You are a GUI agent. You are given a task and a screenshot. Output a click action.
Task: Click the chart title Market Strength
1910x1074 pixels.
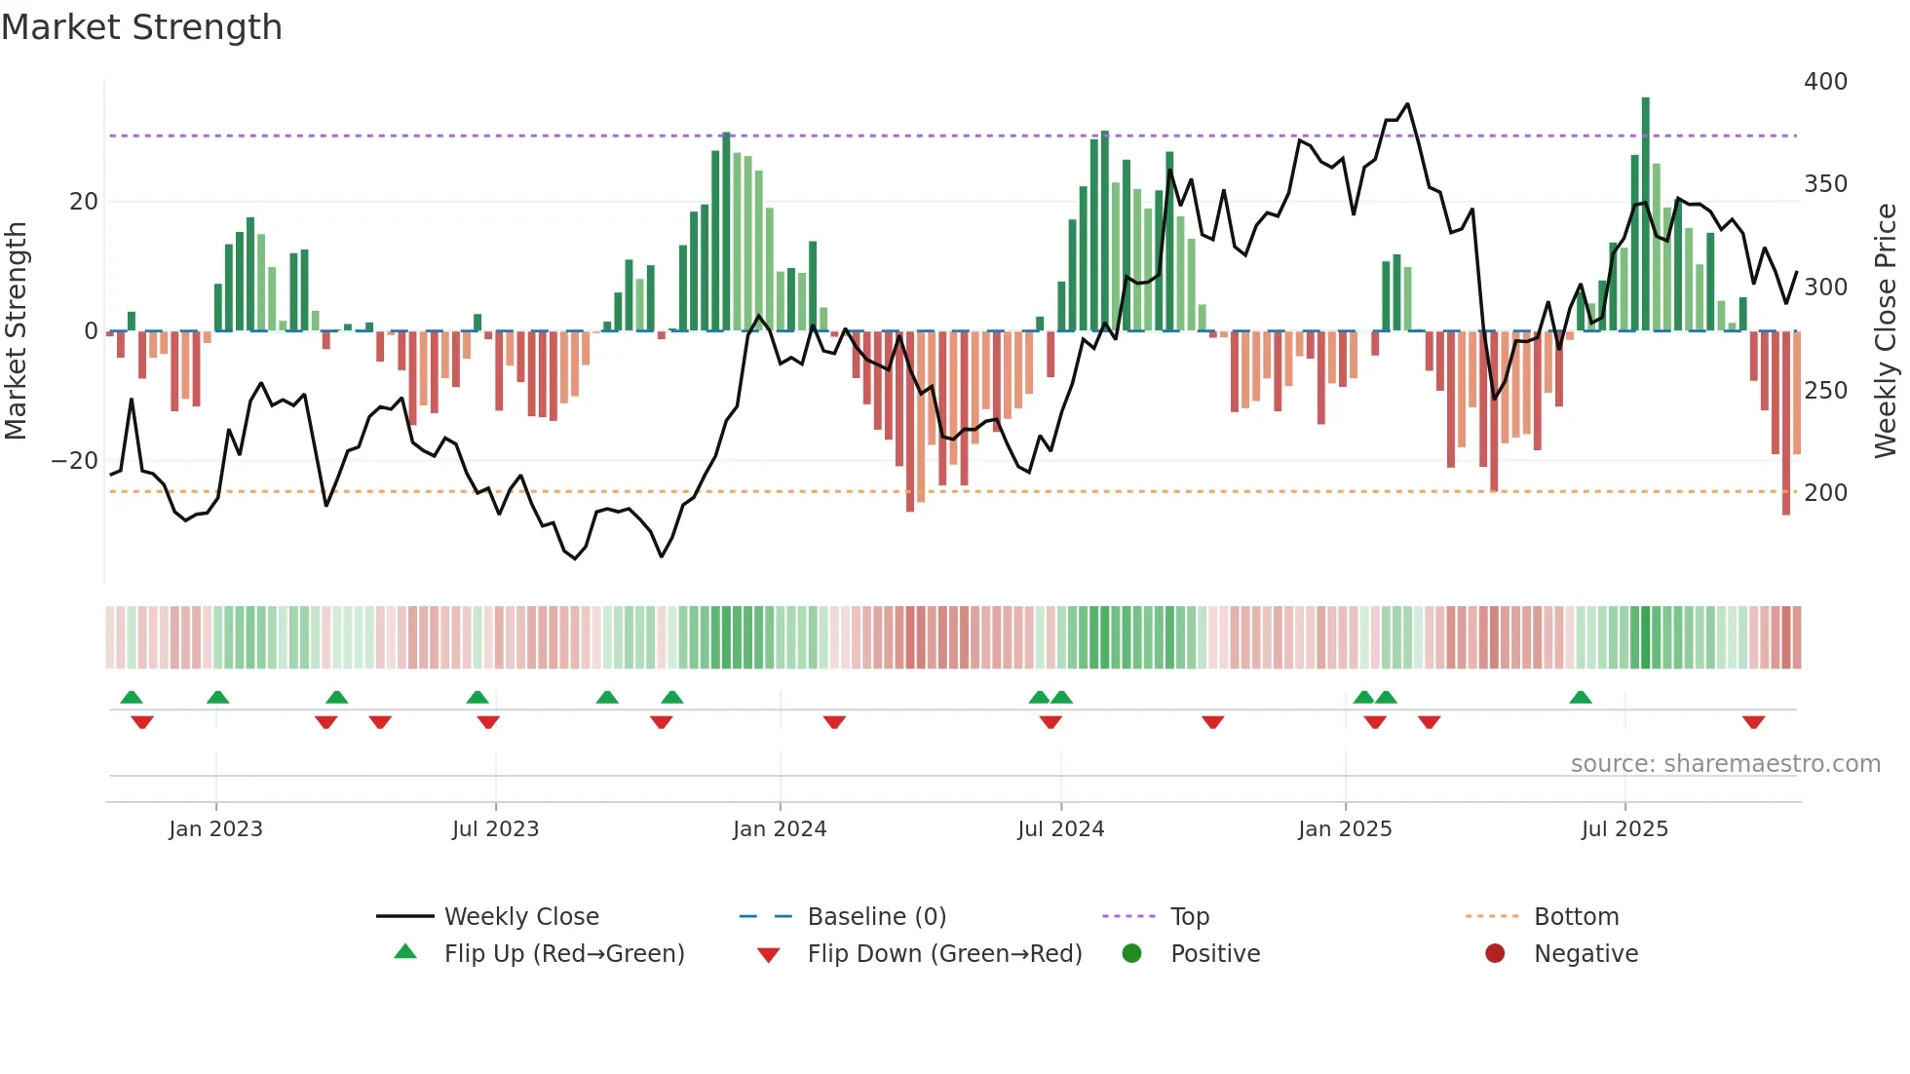(141, 27)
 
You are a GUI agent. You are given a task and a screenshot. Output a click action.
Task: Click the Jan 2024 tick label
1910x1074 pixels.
(780, 829)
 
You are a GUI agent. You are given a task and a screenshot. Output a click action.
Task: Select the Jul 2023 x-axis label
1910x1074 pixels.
(495, 829)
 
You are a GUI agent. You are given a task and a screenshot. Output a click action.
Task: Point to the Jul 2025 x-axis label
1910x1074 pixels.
(1624, 829)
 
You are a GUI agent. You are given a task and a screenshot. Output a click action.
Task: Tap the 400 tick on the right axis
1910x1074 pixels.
(1825, 82)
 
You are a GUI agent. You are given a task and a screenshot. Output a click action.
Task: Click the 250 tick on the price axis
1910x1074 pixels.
(1825, 391)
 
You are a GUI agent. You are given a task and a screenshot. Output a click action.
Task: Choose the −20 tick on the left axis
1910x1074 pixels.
(75, 461)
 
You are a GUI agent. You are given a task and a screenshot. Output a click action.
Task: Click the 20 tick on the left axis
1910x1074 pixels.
(84, 202)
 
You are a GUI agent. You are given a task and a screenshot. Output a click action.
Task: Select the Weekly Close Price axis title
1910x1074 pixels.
(1887, 331)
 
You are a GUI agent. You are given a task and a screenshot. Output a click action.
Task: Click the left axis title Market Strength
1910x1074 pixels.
(17, 331)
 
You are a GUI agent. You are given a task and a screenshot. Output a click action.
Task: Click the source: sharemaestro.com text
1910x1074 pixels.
(1725, 764)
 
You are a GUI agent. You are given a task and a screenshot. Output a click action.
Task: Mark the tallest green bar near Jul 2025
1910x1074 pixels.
(1646, 214)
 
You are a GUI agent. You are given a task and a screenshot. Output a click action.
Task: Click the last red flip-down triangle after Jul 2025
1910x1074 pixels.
(1753, 722)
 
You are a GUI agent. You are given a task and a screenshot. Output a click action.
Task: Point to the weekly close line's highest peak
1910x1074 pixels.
(1407, 104)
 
